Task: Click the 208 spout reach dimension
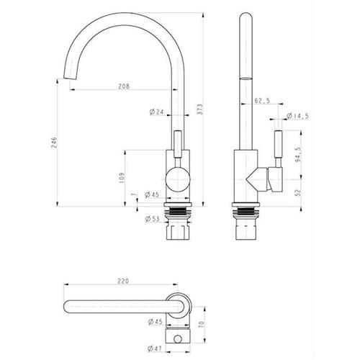click(124, 86)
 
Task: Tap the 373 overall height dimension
click(200, 109)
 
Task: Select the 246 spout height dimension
click(54, 143)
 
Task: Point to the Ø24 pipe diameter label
click(156, 112)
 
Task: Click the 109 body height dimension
click(122, 178)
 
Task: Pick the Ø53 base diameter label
click(152, 219)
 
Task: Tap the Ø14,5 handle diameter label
click(297, 116)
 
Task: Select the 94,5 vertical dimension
click(298, 155)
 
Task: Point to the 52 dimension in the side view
click(298, 192)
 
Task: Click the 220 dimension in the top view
click(123, 281)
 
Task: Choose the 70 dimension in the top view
click(201, 325)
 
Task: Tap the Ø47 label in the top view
click(155, 348)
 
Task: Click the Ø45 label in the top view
click(156, 321)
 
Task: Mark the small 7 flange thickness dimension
click(133, 194)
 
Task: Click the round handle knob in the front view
click(178, 180)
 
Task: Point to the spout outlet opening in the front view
click(70, 78)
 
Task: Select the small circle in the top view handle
click(178, 339)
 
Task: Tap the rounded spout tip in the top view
click(67, 307)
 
